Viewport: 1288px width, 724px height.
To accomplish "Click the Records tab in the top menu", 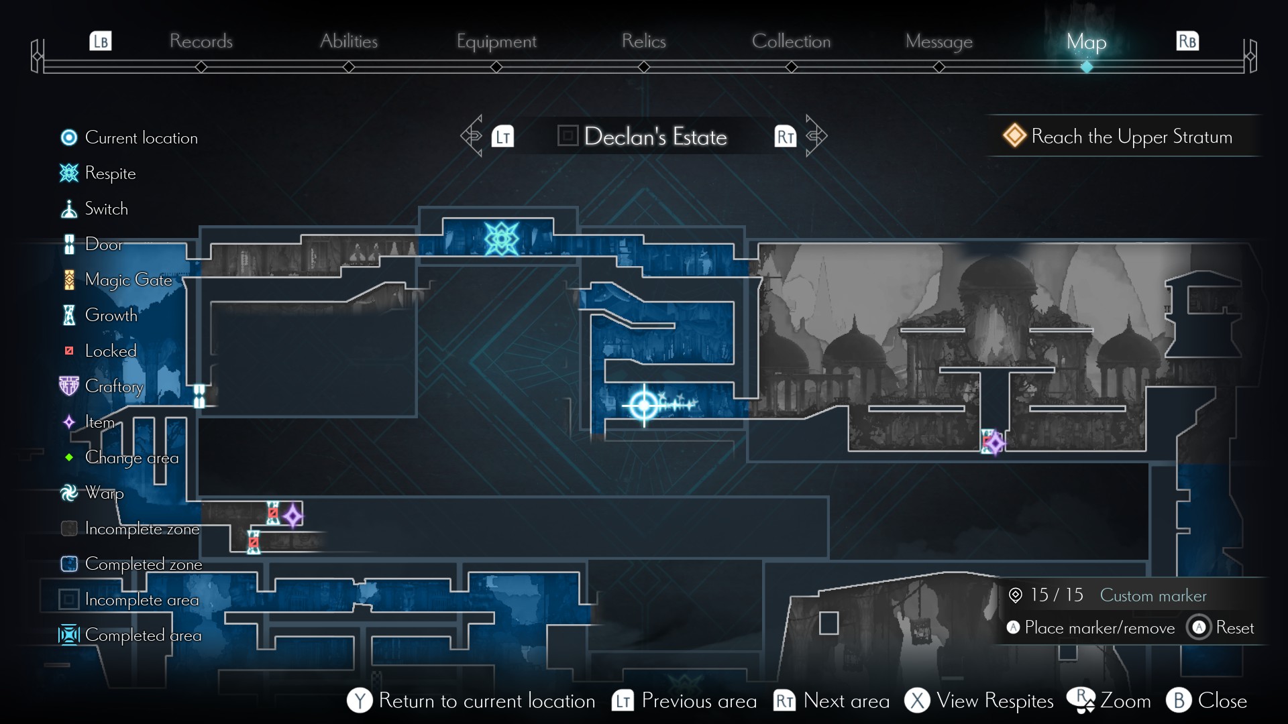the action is coord(201,42).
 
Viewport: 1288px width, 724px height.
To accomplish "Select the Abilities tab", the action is coord(349,42).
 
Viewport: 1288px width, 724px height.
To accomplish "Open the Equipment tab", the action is coord(496,42).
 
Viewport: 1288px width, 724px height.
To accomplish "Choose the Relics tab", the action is coord(643,42).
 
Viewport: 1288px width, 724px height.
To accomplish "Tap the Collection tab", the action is coord(791,42).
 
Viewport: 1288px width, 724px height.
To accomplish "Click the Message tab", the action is coord(938,42).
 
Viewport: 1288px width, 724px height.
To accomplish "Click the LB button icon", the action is coord(101,42).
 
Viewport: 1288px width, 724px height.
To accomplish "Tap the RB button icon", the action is coord(1187,42).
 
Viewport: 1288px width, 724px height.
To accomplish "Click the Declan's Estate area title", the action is coord(655,137).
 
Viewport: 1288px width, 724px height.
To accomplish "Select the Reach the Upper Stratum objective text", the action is coord(1131,137).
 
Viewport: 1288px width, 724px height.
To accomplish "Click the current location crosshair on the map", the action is coord(644,405).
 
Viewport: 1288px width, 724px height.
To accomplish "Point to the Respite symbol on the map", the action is coord(501,239).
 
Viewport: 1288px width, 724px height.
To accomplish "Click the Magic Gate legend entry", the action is coord(128,280).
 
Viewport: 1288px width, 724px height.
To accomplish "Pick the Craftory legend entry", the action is coord(114,386).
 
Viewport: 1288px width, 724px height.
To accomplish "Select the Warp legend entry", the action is coord(104,493).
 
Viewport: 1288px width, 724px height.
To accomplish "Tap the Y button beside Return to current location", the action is coord(360,701).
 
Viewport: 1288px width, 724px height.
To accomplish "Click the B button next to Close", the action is coord(1179,701).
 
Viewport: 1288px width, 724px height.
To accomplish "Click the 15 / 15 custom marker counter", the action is coord(1056,595).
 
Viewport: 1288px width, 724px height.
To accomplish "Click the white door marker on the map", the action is coord(199,396).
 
